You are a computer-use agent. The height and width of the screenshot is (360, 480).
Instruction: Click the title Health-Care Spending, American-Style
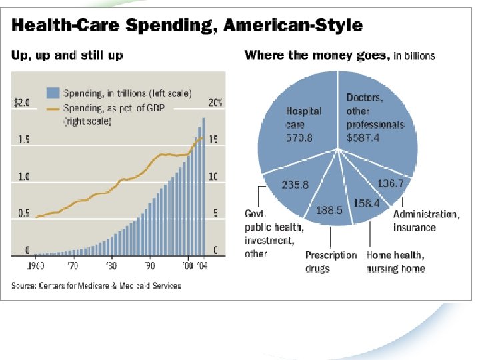click(187, 26)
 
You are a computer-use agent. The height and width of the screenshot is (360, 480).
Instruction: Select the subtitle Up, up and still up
click(67, 55)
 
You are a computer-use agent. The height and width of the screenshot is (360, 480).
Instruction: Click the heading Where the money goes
click(317, 55)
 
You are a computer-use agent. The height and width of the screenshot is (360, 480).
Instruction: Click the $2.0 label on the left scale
click(22, 103)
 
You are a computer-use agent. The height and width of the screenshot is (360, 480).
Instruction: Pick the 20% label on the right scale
click(214, 103)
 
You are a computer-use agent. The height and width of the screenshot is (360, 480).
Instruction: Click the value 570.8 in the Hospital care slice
click(299, 138)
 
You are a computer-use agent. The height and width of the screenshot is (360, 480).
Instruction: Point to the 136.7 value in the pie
click(389, 183)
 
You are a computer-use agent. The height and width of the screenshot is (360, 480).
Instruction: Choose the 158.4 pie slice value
click(366, 203)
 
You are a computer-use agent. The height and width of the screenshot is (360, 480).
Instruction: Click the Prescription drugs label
click(331, 262)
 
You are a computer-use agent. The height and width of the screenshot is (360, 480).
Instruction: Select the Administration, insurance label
click(426, 221)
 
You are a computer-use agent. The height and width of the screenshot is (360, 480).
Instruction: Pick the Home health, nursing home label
click(395, 262)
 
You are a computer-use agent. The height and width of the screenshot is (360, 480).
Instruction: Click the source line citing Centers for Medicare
click(96, 286)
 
